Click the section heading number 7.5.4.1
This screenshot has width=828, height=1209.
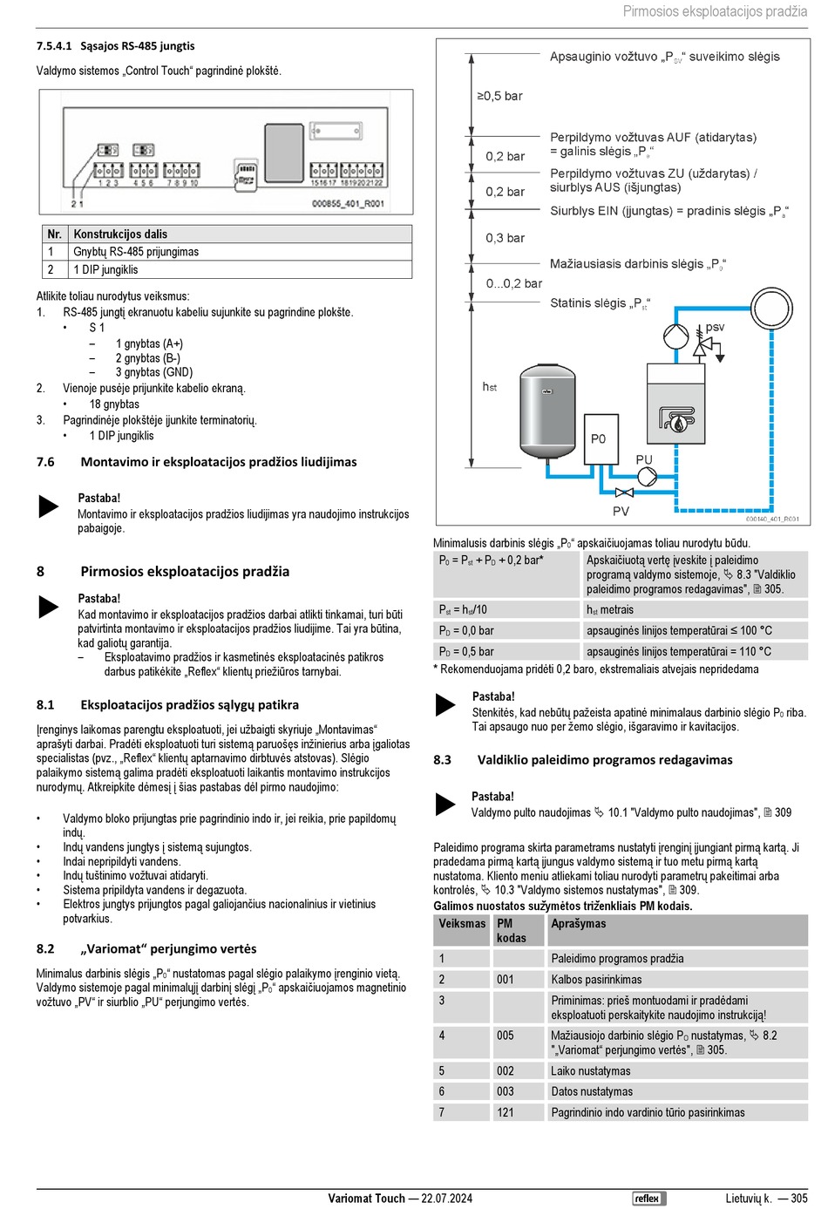point(53,46)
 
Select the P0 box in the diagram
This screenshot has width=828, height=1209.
point(599,438)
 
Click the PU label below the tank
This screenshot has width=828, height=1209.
point(644,459)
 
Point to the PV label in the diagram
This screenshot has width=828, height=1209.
point(621,511)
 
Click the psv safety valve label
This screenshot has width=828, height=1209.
point(715,327)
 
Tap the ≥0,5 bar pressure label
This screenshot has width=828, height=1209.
point(499,96)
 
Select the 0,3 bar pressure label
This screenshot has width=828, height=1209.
point(505,238)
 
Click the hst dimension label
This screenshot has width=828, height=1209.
point(490,386)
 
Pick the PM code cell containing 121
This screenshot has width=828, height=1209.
point(506,1112)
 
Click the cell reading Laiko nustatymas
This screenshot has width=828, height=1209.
point(590,1070)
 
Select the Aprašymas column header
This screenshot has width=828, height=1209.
point(578,923)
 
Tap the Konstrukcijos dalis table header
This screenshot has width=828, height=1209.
point(120,234)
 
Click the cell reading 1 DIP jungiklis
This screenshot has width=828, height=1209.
point(105,269)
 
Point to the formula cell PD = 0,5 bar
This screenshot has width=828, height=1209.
point(466,651)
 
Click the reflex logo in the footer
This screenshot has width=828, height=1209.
point(648,1198)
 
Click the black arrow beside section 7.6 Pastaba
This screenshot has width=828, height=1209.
point(49,506)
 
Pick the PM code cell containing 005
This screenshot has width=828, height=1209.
point(506,1036)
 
